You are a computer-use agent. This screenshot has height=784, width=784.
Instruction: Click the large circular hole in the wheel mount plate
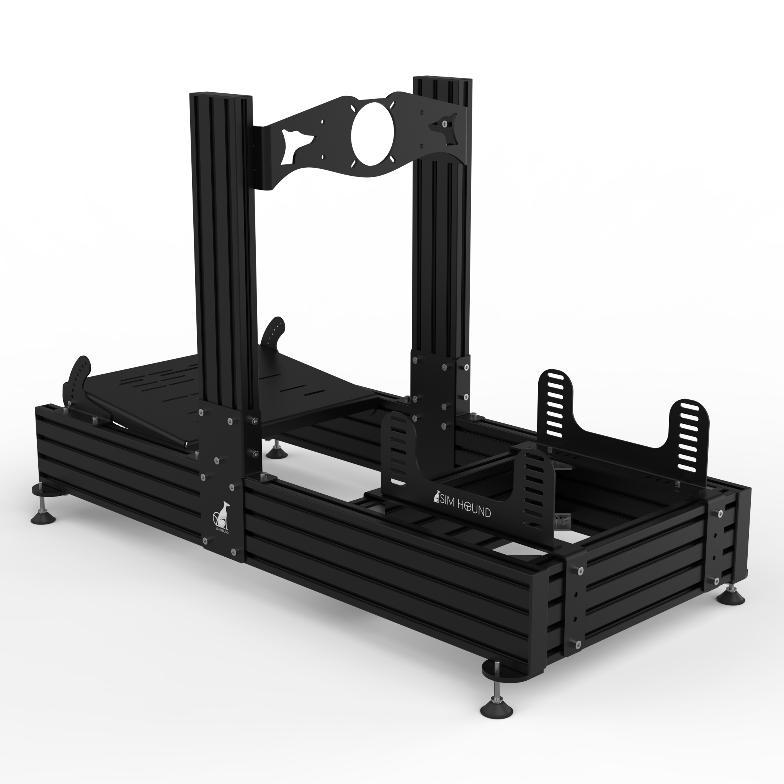[372, 133]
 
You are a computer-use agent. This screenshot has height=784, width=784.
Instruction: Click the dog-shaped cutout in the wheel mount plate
[298, 144]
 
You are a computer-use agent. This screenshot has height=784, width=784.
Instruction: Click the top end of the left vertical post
[221, 96]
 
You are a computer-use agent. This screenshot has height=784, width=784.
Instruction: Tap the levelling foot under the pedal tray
[277, 453]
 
